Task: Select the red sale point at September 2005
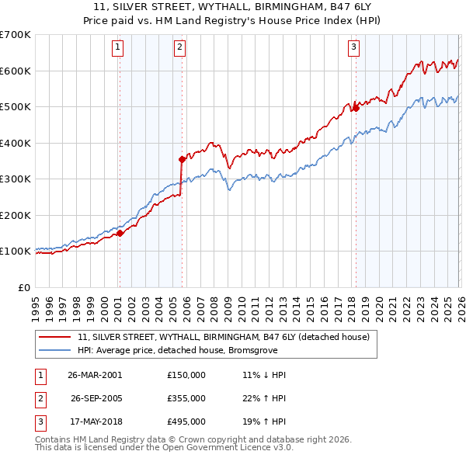tap(183, 159)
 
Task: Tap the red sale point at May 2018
tap(356, 109)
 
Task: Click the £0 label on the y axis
tap(24, 287)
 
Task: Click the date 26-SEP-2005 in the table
tap(97, 397)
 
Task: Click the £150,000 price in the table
tap(186, 374)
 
